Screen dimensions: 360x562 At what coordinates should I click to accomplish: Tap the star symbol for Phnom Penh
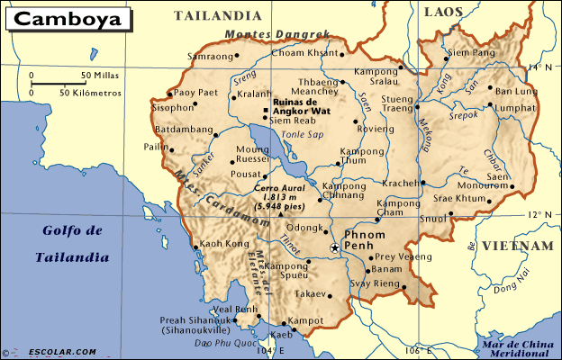[334, 247]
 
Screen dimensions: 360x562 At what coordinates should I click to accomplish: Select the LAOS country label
[444, 12]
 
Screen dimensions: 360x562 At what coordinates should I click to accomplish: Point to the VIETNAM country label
[516, 246]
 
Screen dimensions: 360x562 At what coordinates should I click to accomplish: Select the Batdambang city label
[183, 129]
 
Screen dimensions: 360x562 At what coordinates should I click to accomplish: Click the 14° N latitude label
[539, 67]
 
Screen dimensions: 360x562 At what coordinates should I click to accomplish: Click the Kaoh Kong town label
[223, 244]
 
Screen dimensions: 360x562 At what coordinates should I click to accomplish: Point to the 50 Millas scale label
[100, 76]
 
